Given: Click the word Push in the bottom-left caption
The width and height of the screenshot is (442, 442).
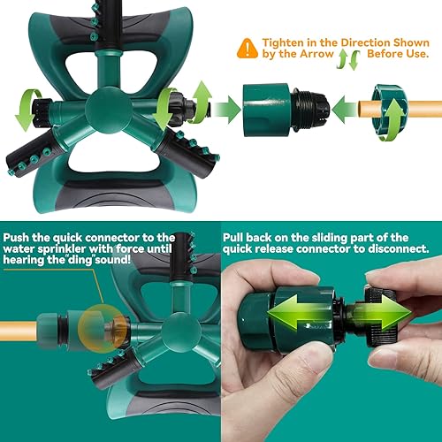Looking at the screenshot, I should (21, 238).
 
